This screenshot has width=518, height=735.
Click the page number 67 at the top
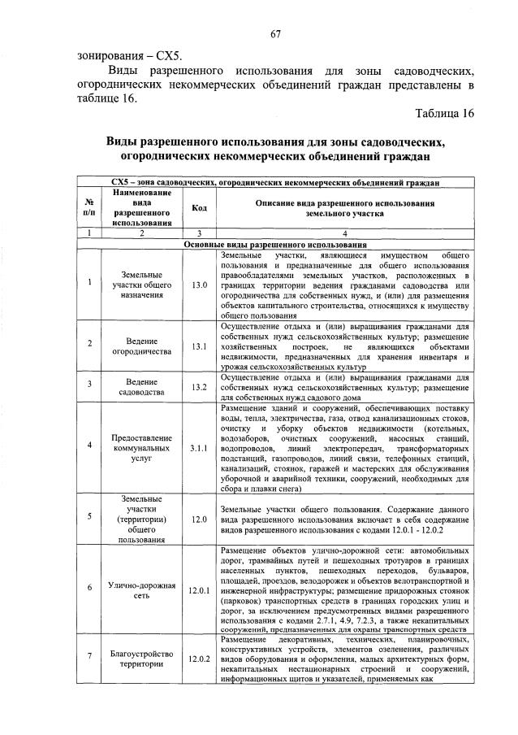pos(275,33)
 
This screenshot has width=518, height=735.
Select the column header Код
pos(199,208)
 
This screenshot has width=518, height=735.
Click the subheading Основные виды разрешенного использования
pos(275,244)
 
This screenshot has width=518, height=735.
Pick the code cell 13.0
pos(199,285)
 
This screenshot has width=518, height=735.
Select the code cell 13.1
pos(199,347)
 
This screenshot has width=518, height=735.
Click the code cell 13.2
pos(199,387)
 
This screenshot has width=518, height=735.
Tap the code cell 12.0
pos(199,518)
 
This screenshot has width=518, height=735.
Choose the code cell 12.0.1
pos(199,590)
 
